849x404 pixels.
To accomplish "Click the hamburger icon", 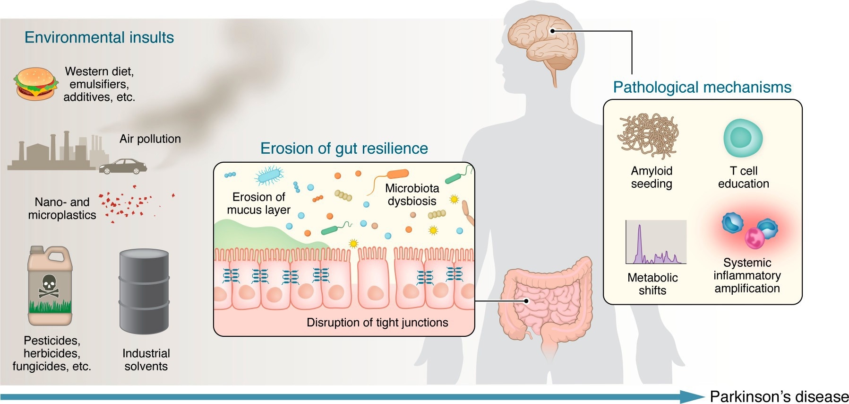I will tap(35, 84).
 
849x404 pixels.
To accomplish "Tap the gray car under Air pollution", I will tap(123, 166).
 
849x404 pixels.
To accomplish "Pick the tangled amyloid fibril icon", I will tap(648, 136).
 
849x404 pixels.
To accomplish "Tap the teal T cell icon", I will tap(743, 138).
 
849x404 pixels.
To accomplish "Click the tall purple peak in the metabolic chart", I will tap(639, 241).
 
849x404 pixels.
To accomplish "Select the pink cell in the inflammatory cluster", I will tap(755, 238).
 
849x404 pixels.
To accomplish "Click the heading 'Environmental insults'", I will tap(99, 37).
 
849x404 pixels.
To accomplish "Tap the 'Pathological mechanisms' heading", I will tap(702, 87).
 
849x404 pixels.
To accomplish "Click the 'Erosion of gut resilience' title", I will tap(344, 149).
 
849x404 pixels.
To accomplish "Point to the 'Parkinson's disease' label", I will tap(779, 396).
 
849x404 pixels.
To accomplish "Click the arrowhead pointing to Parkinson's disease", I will tap(692, 396).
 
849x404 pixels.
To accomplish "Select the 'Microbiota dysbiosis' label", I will tap(412, 194).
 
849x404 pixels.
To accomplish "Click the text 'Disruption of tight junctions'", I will tap(377, 323).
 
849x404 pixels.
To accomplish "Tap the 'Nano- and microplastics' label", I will tap(62, 209).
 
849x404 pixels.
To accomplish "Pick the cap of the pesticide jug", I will tap(36, 250).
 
